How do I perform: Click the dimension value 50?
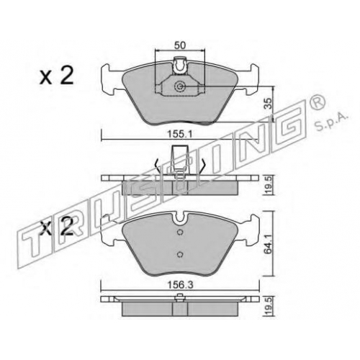pyautogui.click(x=180, y=45)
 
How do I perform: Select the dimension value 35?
pyautogui.click(x=269, y=104)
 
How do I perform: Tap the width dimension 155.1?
pyautogui.click(x=180, y=135)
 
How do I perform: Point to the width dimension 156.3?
pyautogui.click(x=180, y=285)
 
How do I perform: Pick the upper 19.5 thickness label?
pyautogui.click(x=269, y=185)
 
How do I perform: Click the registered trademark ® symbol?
pyautogui.click(x=318, y=102)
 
